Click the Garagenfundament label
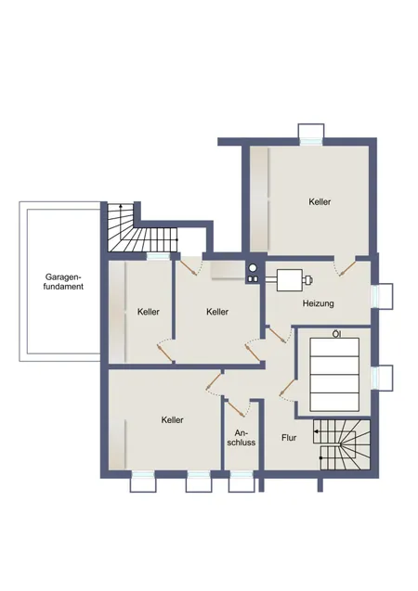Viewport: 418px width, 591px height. tap(63, 281)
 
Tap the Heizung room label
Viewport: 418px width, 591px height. tap(318, 303)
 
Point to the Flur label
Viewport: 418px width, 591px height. tap(289, 438)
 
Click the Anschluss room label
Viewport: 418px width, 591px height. tap(242, 438)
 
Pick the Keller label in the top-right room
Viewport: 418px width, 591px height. tap(320, 201)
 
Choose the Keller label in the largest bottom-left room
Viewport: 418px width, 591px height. tap(173, 420)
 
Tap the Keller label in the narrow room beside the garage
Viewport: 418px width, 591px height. tap(149, 312)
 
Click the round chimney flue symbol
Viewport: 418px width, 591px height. tap(253, 268)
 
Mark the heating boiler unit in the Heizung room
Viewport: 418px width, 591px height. tap(294, 279)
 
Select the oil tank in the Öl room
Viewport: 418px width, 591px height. tap(334, 374)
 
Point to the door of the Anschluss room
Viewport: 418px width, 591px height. tap(237, 408)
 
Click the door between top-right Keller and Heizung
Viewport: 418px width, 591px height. tap(346, 267)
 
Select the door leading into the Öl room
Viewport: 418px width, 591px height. tap(287, 388)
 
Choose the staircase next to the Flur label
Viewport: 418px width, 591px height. tap(342, 444)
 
